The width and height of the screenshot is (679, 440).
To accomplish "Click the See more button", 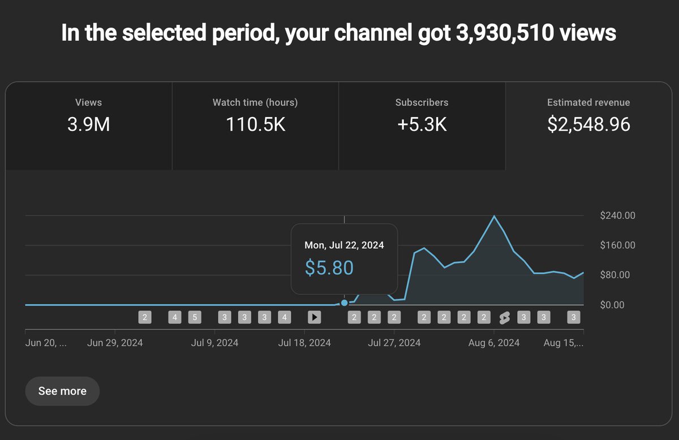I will [62, 391].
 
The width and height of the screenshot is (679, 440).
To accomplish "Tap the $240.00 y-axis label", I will [618, 215].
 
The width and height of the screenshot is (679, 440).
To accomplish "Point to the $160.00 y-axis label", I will [618, 245].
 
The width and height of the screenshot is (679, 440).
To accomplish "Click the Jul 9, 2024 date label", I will [214, 343].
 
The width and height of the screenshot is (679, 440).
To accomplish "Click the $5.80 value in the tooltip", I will [329, 267].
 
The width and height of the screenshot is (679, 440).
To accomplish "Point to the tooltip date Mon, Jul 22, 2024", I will [344, 245].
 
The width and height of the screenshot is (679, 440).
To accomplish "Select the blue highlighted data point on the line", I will [344, 303].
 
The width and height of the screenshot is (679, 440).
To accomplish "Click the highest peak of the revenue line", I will [494, 216].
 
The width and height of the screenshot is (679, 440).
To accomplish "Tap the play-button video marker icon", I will [314, 317].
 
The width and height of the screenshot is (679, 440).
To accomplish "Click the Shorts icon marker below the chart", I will [504, 318].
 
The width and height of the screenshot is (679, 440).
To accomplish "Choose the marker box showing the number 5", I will [195, 317].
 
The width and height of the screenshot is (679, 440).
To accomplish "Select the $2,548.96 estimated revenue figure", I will [588, 124].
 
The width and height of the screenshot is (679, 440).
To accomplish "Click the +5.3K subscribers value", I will [422, 124].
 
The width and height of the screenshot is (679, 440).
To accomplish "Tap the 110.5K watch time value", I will [255, 124].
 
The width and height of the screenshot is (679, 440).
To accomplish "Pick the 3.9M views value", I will [88, 124].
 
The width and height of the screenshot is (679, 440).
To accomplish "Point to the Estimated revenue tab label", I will [588, 102].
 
